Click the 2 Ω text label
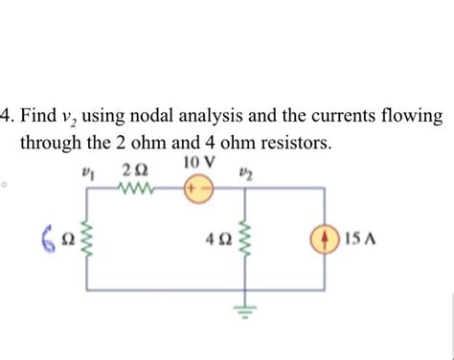point(134,170)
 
